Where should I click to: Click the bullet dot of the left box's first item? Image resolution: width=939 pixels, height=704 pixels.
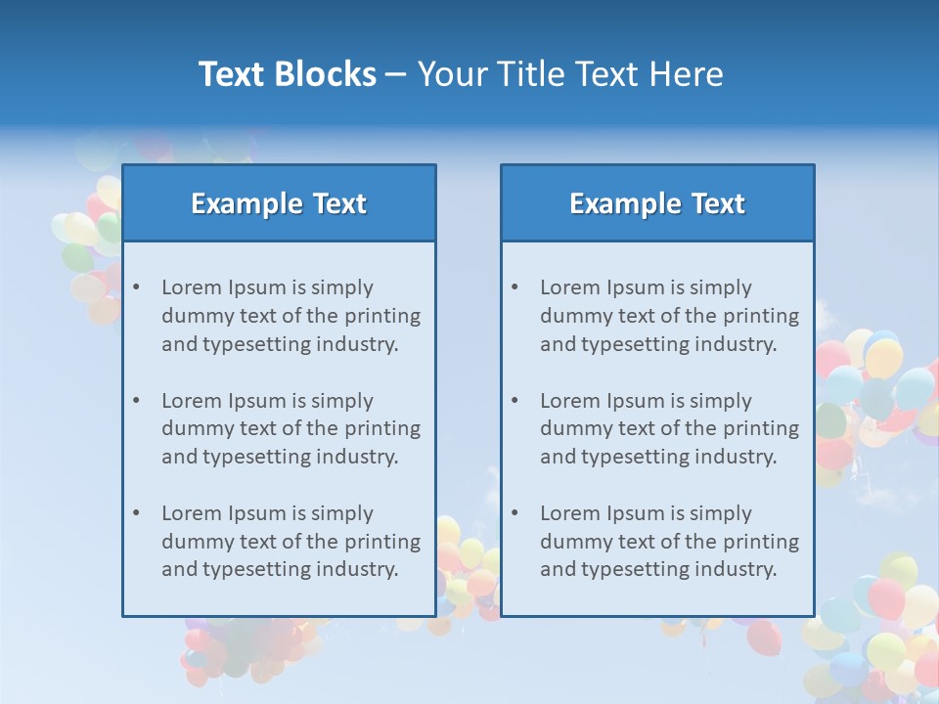coord(137,287)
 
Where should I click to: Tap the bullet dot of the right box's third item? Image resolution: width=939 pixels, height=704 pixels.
coord(515,513)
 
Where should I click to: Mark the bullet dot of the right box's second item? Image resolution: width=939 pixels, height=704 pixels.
coord(515,401)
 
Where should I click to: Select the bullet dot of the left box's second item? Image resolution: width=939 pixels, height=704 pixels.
coord(137,401)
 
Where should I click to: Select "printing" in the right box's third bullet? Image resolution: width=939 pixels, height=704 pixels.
coord(762,542)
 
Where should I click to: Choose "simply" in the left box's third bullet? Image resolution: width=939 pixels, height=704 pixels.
coord(342,514)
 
